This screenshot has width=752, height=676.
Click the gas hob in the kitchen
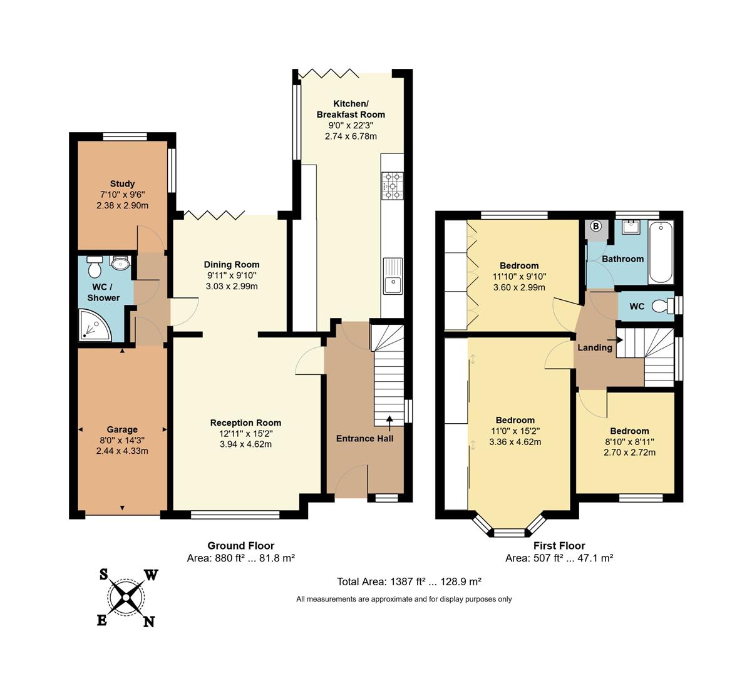[x=393, y=187]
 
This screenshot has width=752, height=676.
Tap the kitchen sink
[x=393, y=277]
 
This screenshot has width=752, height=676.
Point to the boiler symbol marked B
[x=595, y=226]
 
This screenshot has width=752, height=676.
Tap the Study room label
[x=122, y=184]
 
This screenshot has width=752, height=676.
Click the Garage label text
[x=122, y=429]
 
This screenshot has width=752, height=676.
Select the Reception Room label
[x=245, y=422]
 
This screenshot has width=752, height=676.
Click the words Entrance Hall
[x=364, y=438]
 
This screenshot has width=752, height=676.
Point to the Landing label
[x=594, y=347]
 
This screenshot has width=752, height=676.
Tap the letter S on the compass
[x=103, y=574]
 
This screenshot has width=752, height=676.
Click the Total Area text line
[x=409, y=581]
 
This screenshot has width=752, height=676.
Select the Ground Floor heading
[x=240, y=546]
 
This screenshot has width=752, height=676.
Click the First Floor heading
[x=559, y=546]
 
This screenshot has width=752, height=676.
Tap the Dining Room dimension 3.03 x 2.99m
[x=232, y=286]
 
